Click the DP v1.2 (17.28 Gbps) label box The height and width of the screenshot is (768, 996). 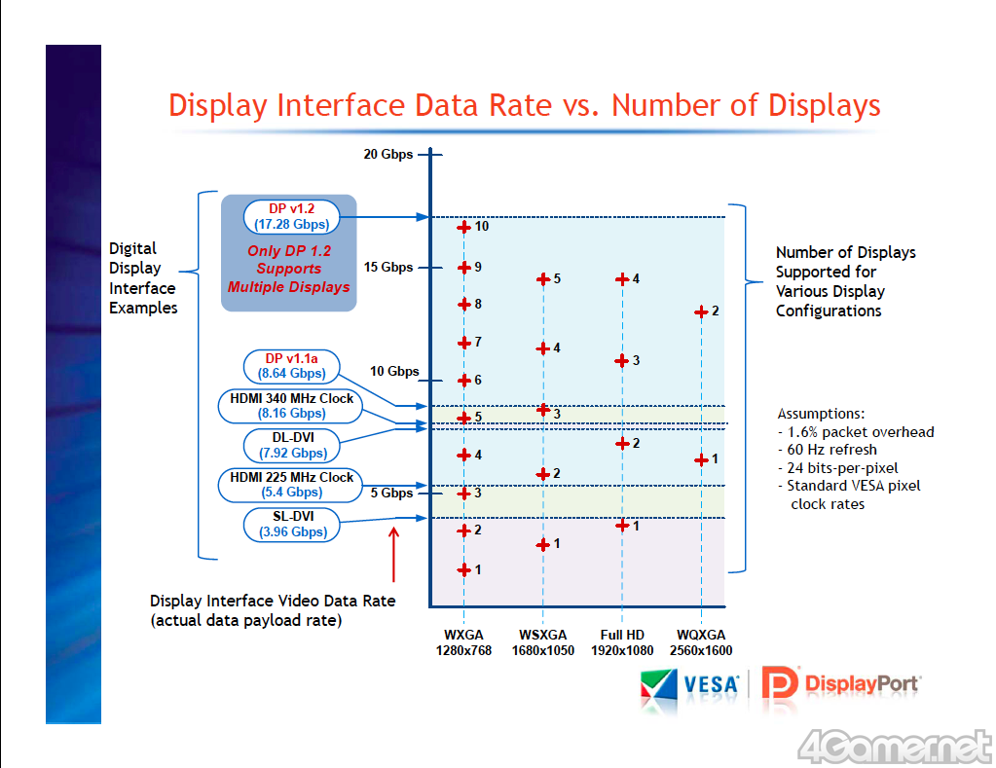[290, 216]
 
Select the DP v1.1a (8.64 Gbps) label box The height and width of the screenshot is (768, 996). [292, 366]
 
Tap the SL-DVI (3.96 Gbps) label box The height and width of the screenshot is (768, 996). [292, 525]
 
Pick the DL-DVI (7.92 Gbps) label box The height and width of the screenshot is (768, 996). [292, 445]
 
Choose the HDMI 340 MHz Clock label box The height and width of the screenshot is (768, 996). [292, 406]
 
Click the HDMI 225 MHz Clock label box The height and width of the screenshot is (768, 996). [292, 485]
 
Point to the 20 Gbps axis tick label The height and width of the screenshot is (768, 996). [387, 154]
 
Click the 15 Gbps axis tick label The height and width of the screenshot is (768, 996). [387, 267]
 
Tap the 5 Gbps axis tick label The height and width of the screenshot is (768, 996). [391, 493]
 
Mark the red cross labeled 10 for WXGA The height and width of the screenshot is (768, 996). [464, 227]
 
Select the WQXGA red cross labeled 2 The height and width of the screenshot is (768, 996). [700, 311]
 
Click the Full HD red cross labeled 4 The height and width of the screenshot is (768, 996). [621, 279]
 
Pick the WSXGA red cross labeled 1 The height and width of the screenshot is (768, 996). [542, 544]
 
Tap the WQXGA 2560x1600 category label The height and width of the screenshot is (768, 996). [701, 643]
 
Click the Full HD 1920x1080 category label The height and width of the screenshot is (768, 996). [622, 643]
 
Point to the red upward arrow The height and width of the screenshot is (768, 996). [393, 554]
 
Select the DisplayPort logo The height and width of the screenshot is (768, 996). [840, 683]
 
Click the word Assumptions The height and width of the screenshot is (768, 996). [821, 413]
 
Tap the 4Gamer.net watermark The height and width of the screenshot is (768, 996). [893, 746]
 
